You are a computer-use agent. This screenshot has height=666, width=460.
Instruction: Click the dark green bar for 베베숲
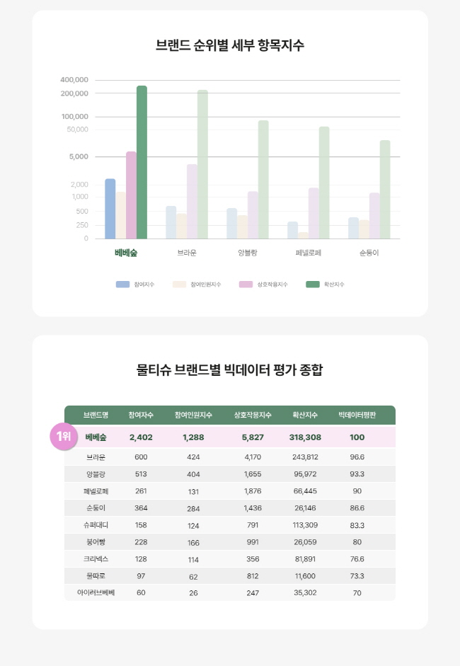(x=142, y=162)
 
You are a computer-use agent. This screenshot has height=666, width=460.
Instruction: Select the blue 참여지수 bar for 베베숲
(x=110, y=209)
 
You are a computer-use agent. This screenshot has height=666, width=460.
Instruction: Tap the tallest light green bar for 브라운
(x=202, y=164)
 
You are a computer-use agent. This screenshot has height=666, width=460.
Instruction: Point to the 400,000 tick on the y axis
(x=74, y=79)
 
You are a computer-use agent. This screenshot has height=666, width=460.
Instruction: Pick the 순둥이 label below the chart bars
(x=369, y=253)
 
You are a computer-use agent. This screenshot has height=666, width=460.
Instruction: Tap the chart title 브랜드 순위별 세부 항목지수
(x=230, y=45)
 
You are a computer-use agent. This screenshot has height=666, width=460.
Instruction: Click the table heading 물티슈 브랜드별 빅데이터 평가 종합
(x=230, y=369)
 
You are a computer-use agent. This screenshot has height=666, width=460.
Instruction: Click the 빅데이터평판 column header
(x=357, y=415)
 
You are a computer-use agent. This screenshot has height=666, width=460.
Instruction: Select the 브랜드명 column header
(x=96, y=415)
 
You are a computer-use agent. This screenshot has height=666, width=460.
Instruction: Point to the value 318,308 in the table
(x=305, y=437)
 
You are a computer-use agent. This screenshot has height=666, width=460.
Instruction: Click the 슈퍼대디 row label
(x=96, y=525)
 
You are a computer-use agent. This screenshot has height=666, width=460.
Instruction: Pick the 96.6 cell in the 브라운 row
(x=357, y=457)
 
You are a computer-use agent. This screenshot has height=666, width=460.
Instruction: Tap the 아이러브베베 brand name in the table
(x=96, y=592)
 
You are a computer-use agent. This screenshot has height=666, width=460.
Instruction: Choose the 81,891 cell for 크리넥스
(x=305, y=558)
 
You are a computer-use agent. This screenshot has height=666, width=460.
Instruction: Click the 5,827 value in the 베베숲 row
(x=253, y=437)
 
